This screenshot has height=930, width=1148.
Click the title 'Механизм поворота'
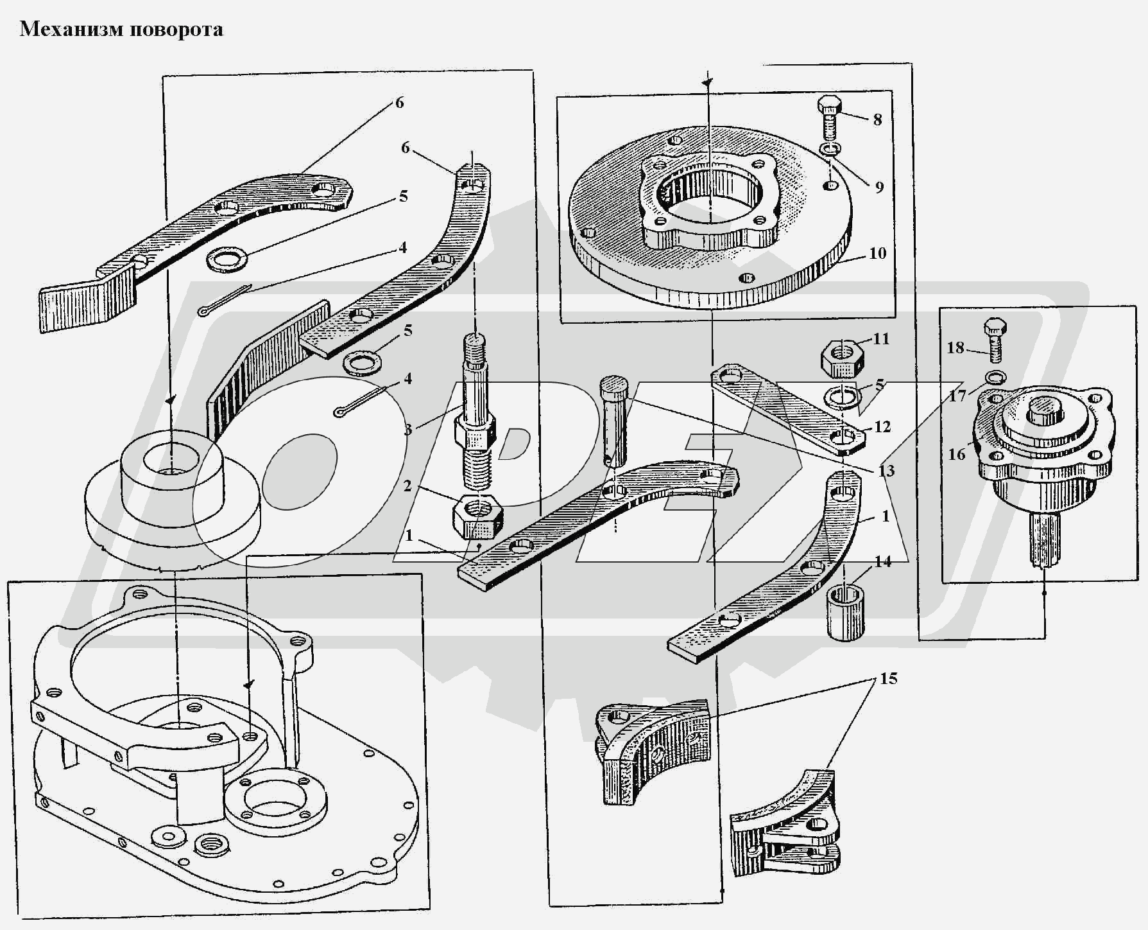(121, 30)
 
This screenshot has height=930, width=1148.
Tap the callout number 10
(877, 253)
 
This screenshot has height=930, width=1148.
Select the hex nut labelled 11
(841, 356)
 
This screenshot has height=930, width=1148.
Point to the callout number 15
(889, 679)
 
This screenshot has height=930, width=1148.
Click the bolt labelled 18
(994, 340)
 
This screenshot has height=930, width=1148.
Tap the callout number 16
(957, 455)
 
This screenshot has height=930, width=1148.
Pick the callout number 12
(882, 426)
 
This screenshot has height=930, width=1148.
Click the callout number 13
(886, 471)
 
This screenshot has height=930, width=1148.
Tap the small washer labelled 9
(830, 150)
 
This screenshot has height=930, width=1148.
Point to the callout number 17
(957, 396)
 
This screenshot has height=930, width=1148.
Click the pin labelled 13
(615, 421)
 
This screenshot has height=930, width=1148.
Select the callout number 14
(883, 562)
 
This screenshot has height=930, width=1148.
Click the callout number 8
(877, 119)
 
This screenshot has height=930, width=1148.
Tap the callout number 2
(407, 486)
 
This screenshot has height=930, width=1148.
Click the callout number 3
(408, 430)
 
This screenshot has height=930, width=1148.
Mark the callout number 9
(879, 187)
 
